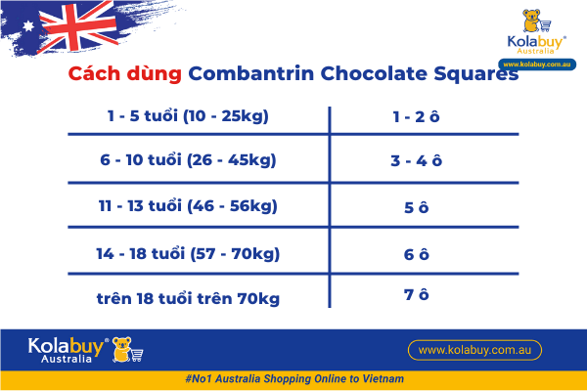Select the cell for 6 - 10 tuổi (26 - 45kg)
tap(189, 160)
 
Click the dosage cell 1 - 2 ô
tap(416, 116)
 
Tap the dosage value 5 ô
tap(417, 207)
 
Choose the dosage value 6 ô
tap(417, 254)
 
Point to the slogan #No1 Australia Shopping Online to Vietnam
tap(293, 378)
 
